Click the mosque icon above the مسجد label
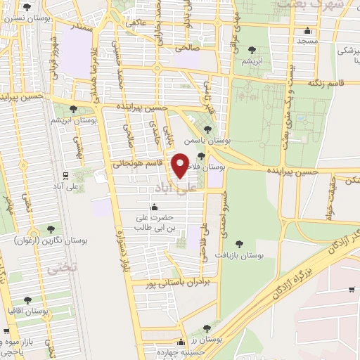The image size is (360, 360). point(307,31)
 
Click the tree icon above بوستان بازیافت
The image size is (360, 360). point(239,244)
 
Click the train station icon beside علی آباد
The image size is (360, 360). point(65,175)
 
